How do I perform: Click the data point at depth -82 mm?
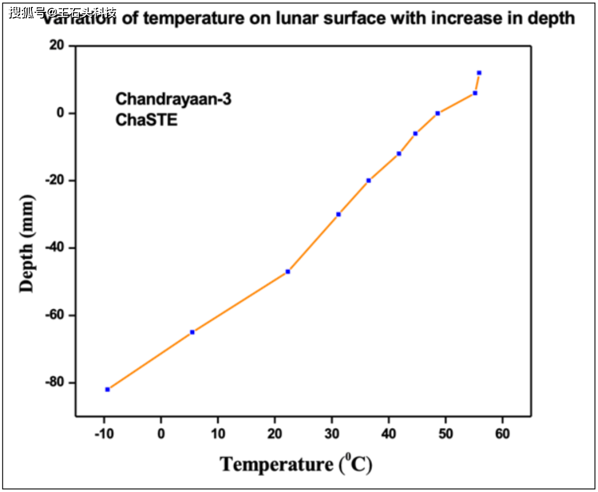point(107,390)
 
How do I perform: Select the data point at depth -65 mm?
point(192,332)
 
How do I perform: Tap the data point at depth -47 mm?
point(288,272)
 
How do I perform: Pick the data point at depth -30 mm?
point(338,214)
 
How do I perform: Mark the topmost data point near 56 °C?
point(479,73)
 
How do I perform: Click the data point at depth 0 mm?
point(437,113)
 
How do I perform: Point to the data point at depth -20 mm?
point(368,181)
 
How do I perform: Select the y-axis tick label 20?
point(57,46)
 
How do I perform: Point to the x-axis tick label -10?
point(104,434)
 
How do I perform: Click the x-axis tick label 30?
point(332,434)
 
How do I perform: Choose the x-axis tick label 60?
point(502,434)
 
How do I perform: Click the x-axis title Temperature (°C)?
point(296,464)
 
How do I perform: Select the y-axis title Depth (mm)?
point(27,244)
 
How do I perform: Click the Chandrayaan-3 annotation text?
point(173,99)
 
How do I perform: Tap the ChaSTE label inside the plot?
point(146,120)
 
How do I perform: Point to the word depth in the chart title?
point(551,19)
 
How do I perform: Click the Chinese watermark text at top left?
point(62,12)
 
